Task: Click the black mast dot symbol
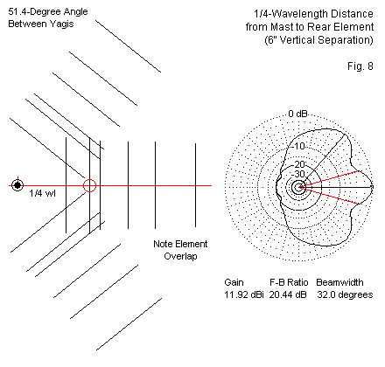click(17, 185)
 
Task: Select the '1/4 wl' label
click(42, 193)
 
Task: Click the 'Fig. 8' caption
click(360, 66)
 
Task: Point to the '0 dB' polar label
click(297, 114)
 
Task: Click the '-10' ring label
click(297, 146)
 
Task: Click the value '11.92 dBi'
click(244, 294)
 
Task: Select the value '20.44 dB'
click(288, 294)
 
